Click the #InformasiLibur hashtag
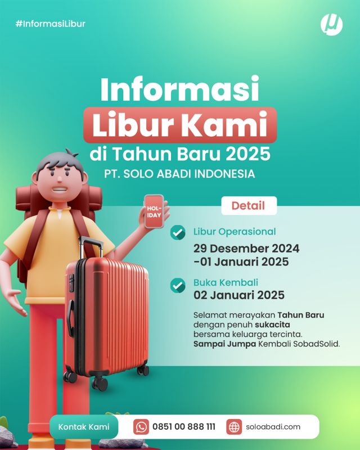click(51, 24)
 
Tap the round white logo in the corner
click(331, 25)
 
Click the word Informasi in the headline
click(179, 88)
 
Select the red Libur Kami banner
click(180, 125)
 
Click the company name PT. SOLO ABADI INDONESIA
click(179, 174)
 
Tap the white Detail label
click(249, 205)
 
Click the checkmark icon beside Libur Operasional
click(178, 232)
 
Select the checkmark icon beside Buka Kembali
click(178, 285)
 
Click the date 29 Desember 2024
click(246, 249)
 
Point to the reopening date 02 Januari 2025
click(239, 295)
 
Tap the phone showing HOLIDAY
click(154, 211)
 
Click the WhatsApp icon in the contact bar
click(141, 427)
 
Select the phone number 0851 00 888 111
click(184, 427)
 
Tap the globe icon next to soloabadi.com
click(234, 427)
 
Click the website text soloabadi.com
click(273, 427)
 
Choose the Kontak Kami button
click(84, 427)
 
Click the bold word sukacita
click(272, 325)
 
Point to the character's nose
click(60, 179)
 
